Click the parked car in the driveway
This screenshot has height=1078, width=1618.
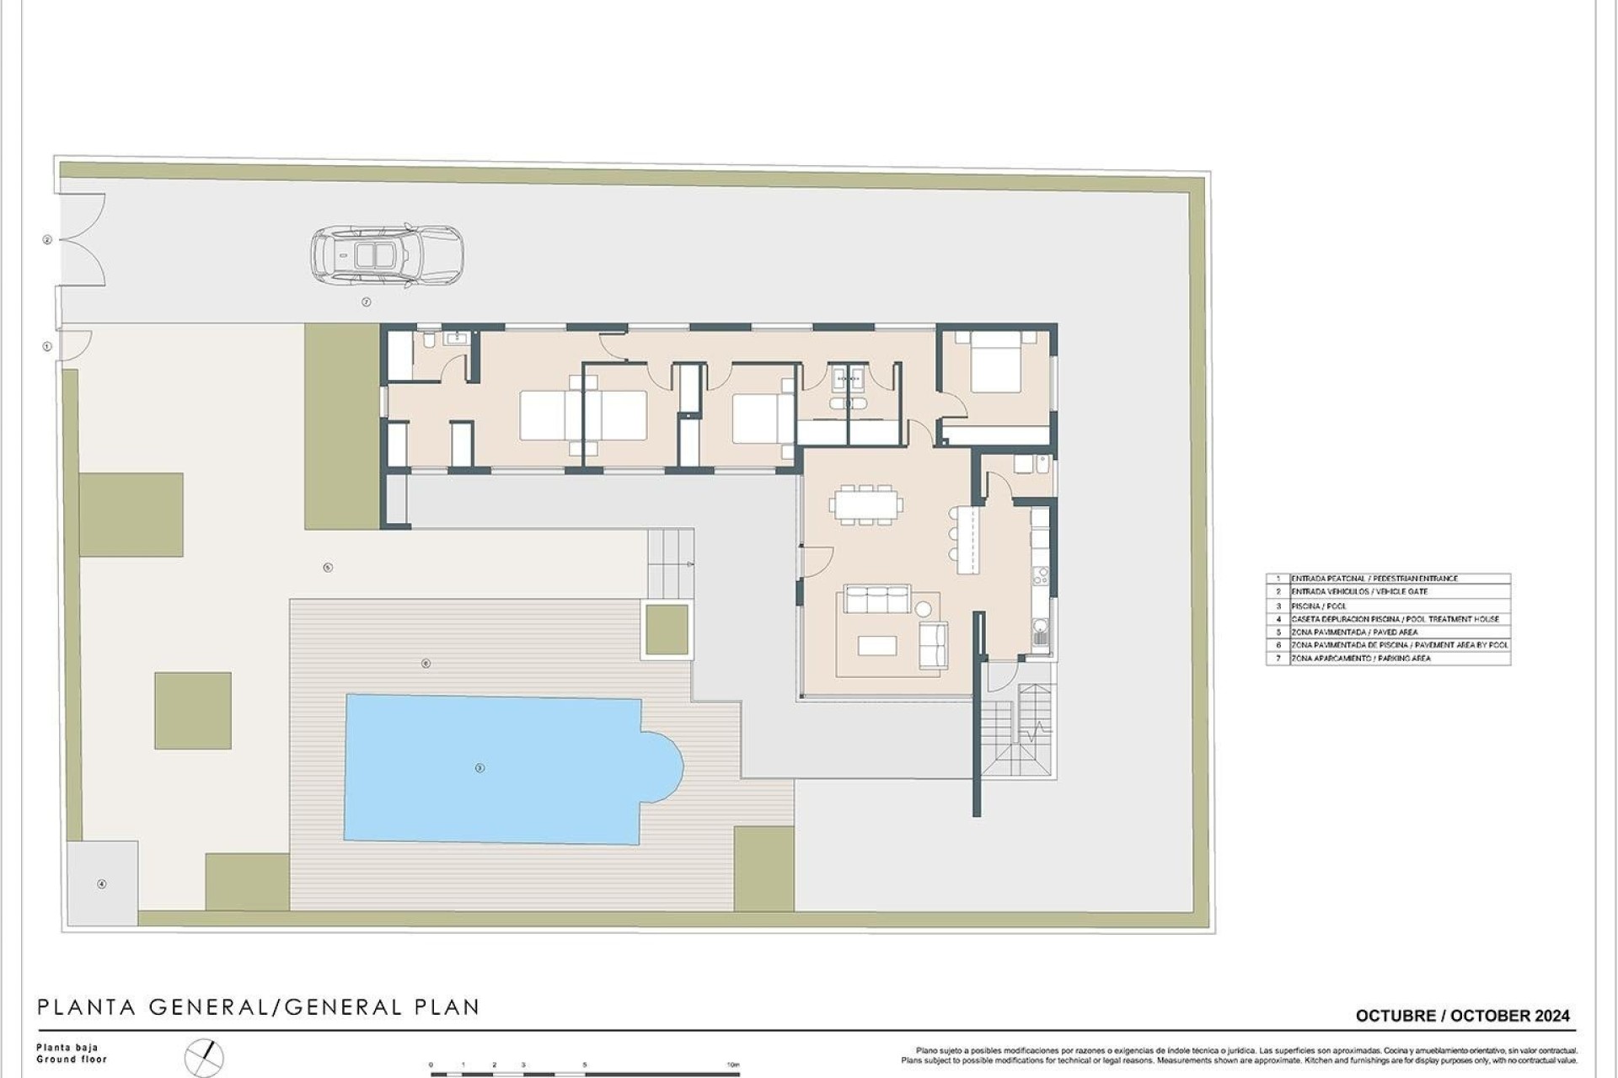[x=387, y=253]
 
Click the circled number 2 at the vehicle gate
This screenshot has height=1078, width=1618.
[x=47, y=240]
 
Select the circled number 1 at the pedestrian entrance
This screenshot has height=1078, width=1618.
[x=47, y=346]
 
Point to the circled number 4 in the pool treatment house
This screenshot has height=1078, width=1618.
[x=102, y=883]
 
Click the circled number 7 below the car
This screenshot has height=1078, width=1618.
[x=366, y=302]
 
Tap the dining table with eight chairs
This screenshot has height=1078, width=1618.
[x=865, y=504]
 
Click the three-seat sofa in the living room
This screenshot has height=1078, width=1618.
[x=877, y=600]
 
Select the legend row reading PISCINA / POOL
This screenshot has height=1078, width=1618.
[x=1387, y=606]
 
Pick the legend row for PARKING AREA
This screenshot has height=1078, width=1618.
[x=1387, y=658]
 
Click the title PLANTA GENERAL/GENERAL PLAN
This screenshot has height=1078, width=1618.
[x=259, y=1006]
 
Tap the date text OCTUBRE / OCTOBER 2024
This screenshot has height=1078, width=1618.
[x=1462, y=1016]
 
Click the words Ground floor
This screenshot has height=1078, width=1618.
[x=72, y=1059]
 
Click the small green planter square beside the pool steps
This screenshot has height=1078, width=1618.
[x=666, y=629]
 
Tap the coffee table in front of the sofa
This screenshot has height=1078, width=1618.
[x=876, y=645]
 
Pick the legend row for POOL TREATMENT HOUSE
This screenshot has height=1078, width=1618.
[x=1387, y=619]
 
